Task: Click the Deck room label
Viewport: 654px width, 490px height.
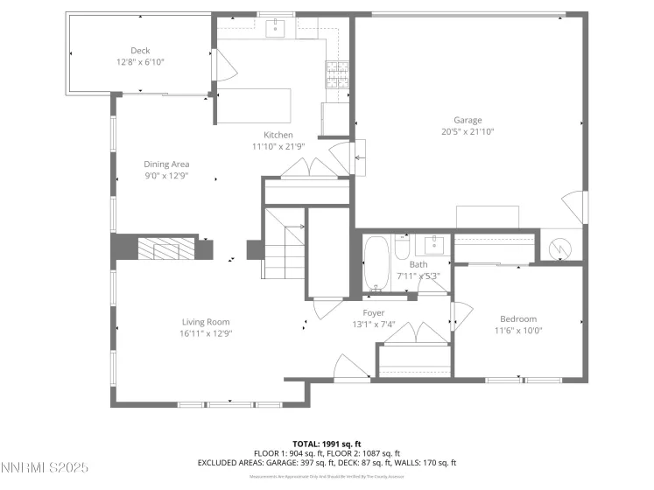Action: [140, 51]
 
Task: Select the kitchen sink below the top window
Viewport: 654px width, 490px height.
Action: [277, 30]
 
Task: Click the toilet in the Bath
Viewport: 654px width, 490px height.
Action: [402, 250]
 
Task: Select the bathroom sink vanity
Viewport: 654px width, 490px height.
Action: [431, 246]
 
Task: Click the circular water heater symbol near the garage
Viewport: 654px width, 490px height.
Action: [559, 249]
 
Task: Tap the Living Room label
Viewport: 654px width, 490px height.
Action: [206, 322]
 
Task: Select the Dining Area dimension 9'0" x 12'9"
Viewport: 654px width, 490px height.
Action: [166, 175]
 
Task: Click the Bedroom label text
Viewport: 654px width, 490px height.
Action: [518, 318]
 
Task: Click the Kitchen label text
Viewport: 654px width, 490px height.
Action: [278, 135]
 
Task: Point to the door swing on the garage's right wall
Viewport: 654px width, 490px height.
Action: [572, 206]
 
